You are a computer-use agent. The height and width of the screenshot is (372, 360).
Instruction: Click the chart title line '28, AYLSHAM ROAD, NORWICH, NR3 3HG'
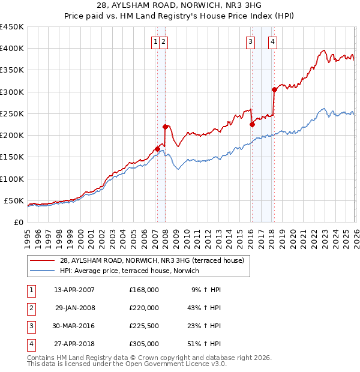click(180, 5)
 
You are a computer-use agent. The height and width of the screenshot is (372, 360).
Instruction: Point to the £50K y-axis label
click(14, 200)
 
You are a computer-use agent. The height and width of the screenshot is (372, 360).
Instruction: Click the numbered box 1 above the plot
click(155, 41)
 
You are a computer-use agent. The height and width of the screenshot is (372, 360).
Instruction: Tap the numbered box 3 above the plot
click(249, 41)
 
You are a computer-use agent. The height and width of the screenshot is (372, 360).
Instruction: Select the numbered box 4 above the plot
click(272, 41)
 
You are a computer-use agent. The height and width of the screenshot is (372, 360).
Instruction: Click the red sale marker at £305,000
click(274, 89)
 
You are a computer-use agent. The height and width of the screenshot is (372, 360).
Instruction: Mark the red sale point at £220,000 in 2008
click(165, 127)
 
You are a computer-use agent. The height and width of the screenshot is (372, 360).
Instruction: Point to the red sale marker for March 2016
click(252, 124)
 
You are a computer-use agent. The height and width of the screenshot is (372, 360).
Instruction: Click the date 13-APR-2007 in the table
click(74, 290)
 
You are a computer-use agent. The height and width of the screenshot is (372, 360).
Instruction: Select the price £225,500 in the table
click(144, 326)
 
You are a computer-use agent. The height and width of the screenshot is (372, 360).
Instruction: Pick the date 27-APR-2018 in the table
click(74, 344)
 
